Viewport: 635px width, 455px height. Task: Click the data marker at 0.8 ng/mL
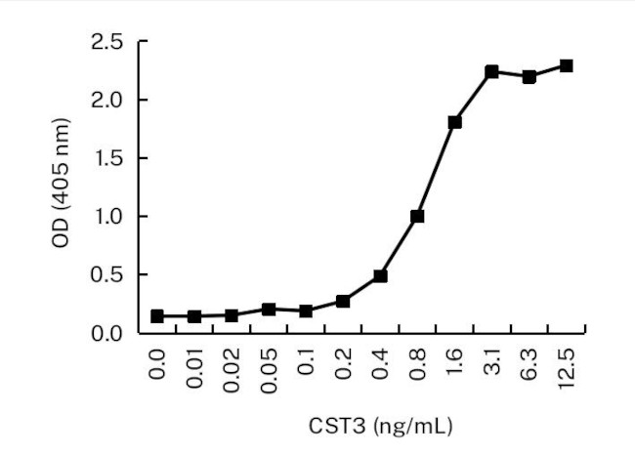[x=417, y=216]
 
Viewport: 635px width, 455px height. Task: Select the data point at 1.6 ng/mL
[x=454, y=122]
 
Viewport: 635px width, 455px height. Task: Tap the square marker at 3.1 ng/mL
[x=491, y=72]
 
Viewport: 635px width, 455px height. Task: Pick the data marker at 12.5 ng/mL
[x=566, y=65]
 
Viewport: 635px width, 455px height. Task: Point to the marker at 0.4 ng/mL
[x=380, y=276]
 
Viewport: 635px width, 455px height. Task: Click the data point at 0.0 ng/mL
[x=157, y=316]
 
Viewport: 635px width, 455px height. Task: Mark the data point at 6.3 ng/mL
[x=529, y=77]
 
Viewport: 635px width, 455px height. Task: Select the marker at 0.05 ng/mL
[x=269, y=309]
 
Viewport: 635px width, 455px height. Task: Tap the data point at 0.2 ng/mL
[x=343, y=301]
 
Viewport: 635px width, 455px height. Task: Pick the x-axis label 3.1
[x=492, y=362]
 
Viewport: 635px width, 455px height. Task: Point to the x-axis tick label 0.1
[x=307, y=362]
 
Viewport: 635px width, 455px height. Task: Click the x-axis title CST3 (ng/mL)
[x=379, y=426]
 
